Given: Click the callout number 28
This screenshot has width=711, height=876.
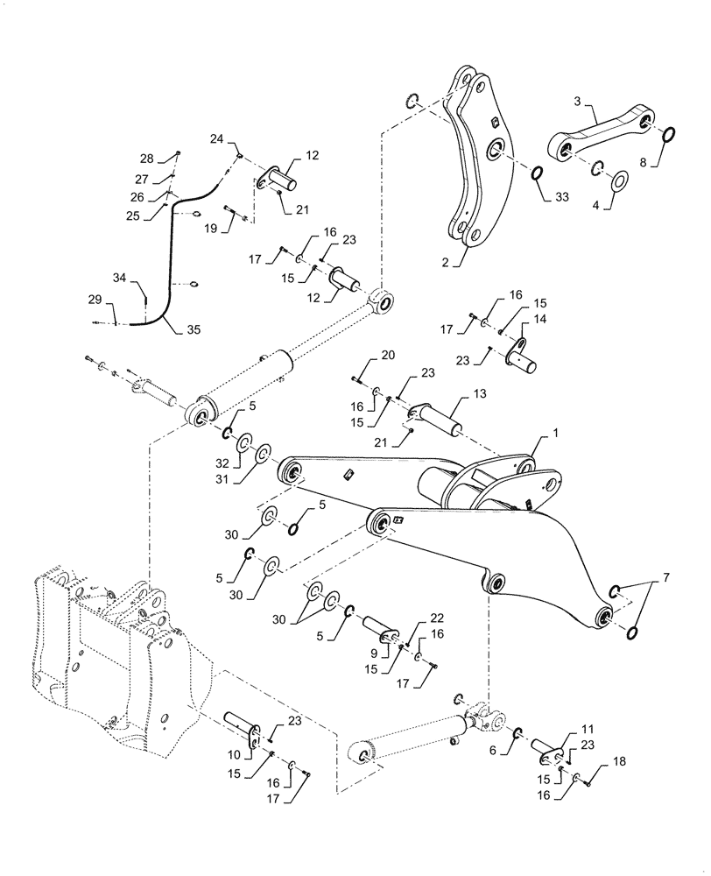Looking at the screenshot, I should [x=146, y=159].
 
